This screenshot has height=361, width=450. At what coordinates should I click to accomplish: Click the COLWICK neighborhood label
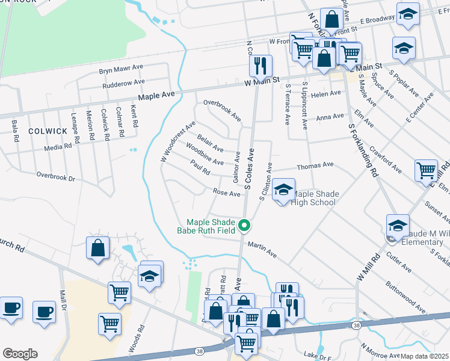point(48,131)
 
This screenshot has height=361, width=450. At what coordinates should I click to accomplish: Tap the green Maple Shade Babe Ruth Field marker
point(244,226)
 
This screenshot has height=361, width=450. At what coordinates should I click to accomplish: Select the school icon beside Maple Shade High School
point(283,191)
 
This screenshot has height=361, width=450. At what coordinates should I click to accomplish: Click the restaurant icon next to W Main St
point(260,64)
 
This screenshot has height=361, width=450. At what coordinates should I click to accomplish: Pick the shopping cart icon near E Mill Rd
point(426,171)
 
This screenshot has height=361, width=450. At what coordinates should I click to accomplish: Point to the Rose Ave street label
point(227,192)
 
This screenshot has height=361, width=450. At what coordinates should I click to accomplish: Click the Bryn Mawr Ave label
point(120,69)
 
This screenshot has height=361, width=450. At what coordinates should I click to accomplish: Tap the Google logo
point(20,354)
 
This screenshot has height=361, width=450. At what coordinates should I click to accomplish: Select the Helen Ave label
point(326,94)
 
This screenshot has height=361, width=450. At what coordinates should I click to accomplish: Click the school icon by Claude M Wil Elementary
point(398,226)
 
